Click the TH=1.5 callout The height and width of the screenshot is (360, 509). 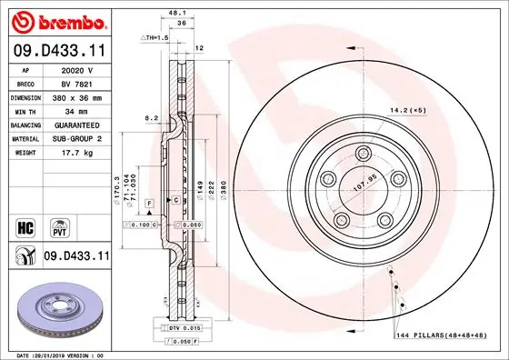point(155,37)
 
